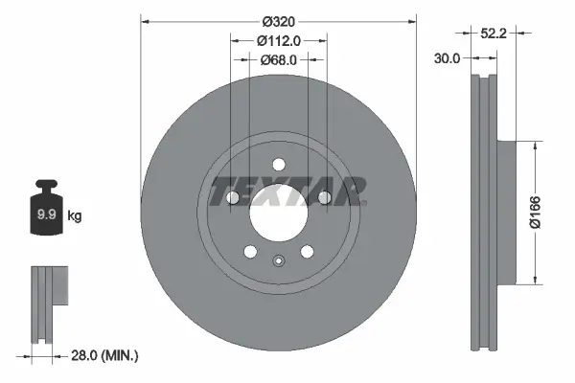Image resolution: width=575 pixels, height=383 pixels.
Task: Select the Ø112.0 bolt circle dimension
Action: click(x=279, y=40)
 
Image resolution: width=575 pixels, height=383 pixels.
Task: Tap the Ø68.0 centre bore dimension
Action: click(x=279, y=59)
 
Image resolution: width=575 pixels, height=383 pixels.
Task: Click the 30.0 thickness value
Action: click(x=448, y=57)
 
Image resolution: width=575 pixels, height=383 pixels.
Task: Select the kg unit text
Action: click(x=75, y=216)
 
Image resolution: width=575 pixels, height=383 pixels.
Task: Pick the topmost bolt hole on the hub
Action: click(x=278, y=164)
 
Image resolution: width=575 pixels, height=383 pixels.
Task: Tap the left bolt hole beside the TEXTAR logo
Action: click(x=232, y=197)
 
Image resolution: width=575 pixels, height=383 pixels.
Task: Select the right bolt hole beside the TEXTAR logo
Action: click(x=324, y=197)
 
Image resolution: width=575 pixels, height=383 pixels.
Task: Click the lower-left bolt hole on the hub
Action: click(x=250, y=252)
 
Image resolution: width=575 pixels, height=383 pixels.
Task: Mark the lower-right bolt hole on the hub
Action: click(x=307, y=252)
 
